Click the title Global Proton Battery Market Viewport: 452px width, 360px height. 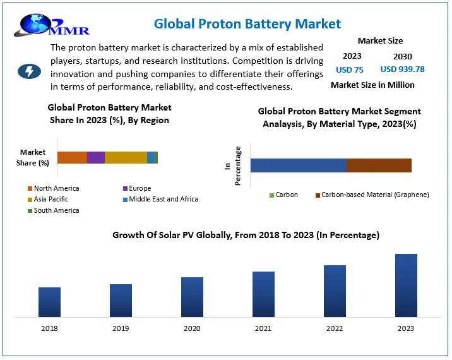click(x=247, y=24)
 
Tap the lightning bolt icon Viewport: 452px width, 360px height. click(x=29, y=71)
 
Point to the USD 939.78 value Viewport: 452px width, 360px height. click(x=402, y=69)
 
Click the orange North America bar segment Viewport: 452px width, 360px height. click(x=72, y=158)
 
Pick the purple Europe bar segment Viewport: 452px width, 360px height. click(x=96, y=158)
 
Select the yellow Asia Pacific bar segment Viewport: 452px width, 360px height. click(x=126, y=158)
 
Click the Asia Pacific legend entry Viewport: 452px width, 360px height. click(x=51, y=199)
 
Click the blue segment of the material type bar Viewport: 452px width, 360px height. click(x=298, y=165)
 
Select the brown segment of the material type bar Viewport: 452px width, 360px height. click(x=379, y=165)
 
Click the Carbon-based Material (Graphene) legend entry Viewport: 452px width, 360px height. click(x=372, y=195)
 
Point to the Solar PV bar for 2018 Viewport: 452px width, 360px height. click(x=49, y=302)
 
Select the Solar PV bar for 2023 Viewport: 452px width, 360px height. click(x=406, y=285)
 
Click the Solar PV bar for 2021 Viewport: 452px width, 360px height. click(x=263, y=294)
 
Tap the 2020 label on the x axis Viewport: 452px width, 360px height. click(x=192, y=328)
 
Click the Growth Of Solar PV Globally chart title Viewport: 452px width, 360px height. click(x=246, y=235)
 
